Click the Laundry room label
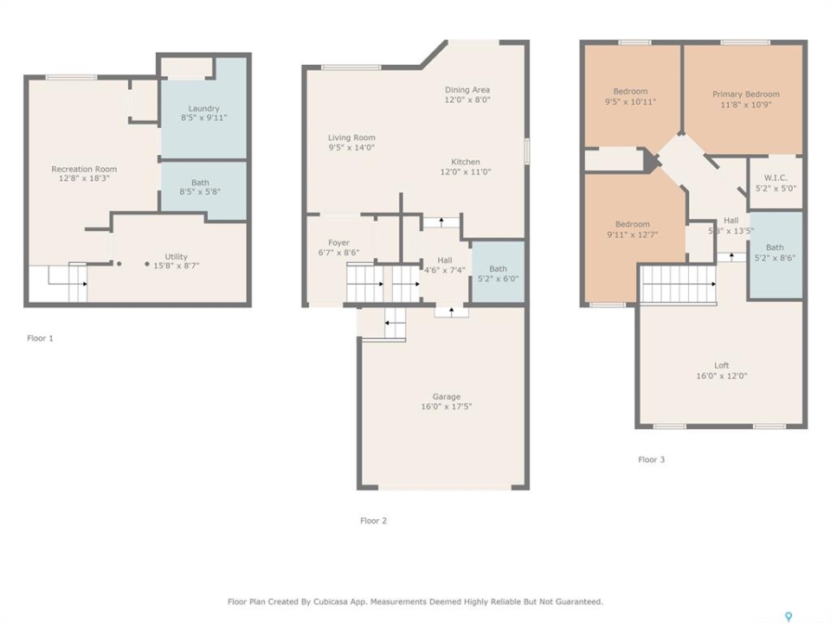pyautogui.click(x=203, y=108)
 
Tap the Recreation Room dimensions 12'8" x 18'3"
pyautogui.click(x=84, y=178)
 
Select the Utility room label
pyautogui.click(x=176, y=256)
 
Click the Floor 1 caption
pyautogui.click(x=41, y=338)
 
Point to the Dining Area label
pyautogui.click(x=467, y=89)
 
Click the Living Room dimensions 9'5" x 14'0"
pyautogui.click(x=351, y=147)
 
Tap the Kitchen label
pyautogui.click(x=466, y=162)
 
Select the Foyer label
pyautogui.click(x=338, y=242)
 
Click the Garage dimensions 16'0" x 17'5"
pyautogui.click(x=447, y=407)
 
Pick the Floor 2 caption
pyautogui.click(x=374, y=521)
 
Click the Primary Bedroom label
pyautogui.click(x=745, y=94)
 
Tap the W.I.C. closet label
pyautogui.click(x=776, y=177)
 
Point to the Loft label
pyautogui.click(x=721, y=365)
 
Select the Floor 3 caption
pyautogui.click(x=651, y=459)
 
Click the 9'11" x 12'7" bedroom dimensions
pyautogui.click(x=632, y=234)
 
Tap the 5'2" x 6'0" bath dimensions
pyautogui.click(x=499, y=279)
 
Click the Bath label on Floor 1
pyautogui.click(x=200, y=183)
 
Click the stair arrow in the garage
pyautogui.click(x=395, y=323)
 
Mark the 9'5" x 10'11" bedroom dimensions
pyautogui.click(x=630, y=101)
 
